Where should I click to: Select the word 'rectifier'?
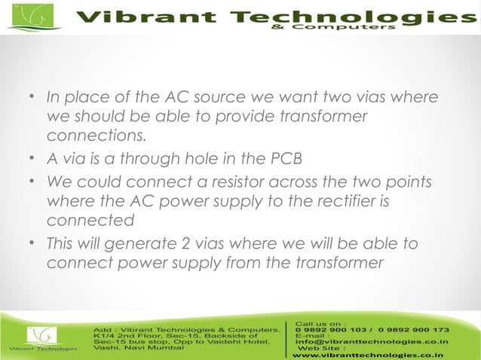(343, 202)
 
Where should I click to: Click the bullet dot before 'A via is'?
(33, 160)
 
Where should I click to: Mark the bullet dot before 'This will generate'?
(33, 244)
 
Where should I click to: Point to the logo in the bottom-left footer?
(41, 338)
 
